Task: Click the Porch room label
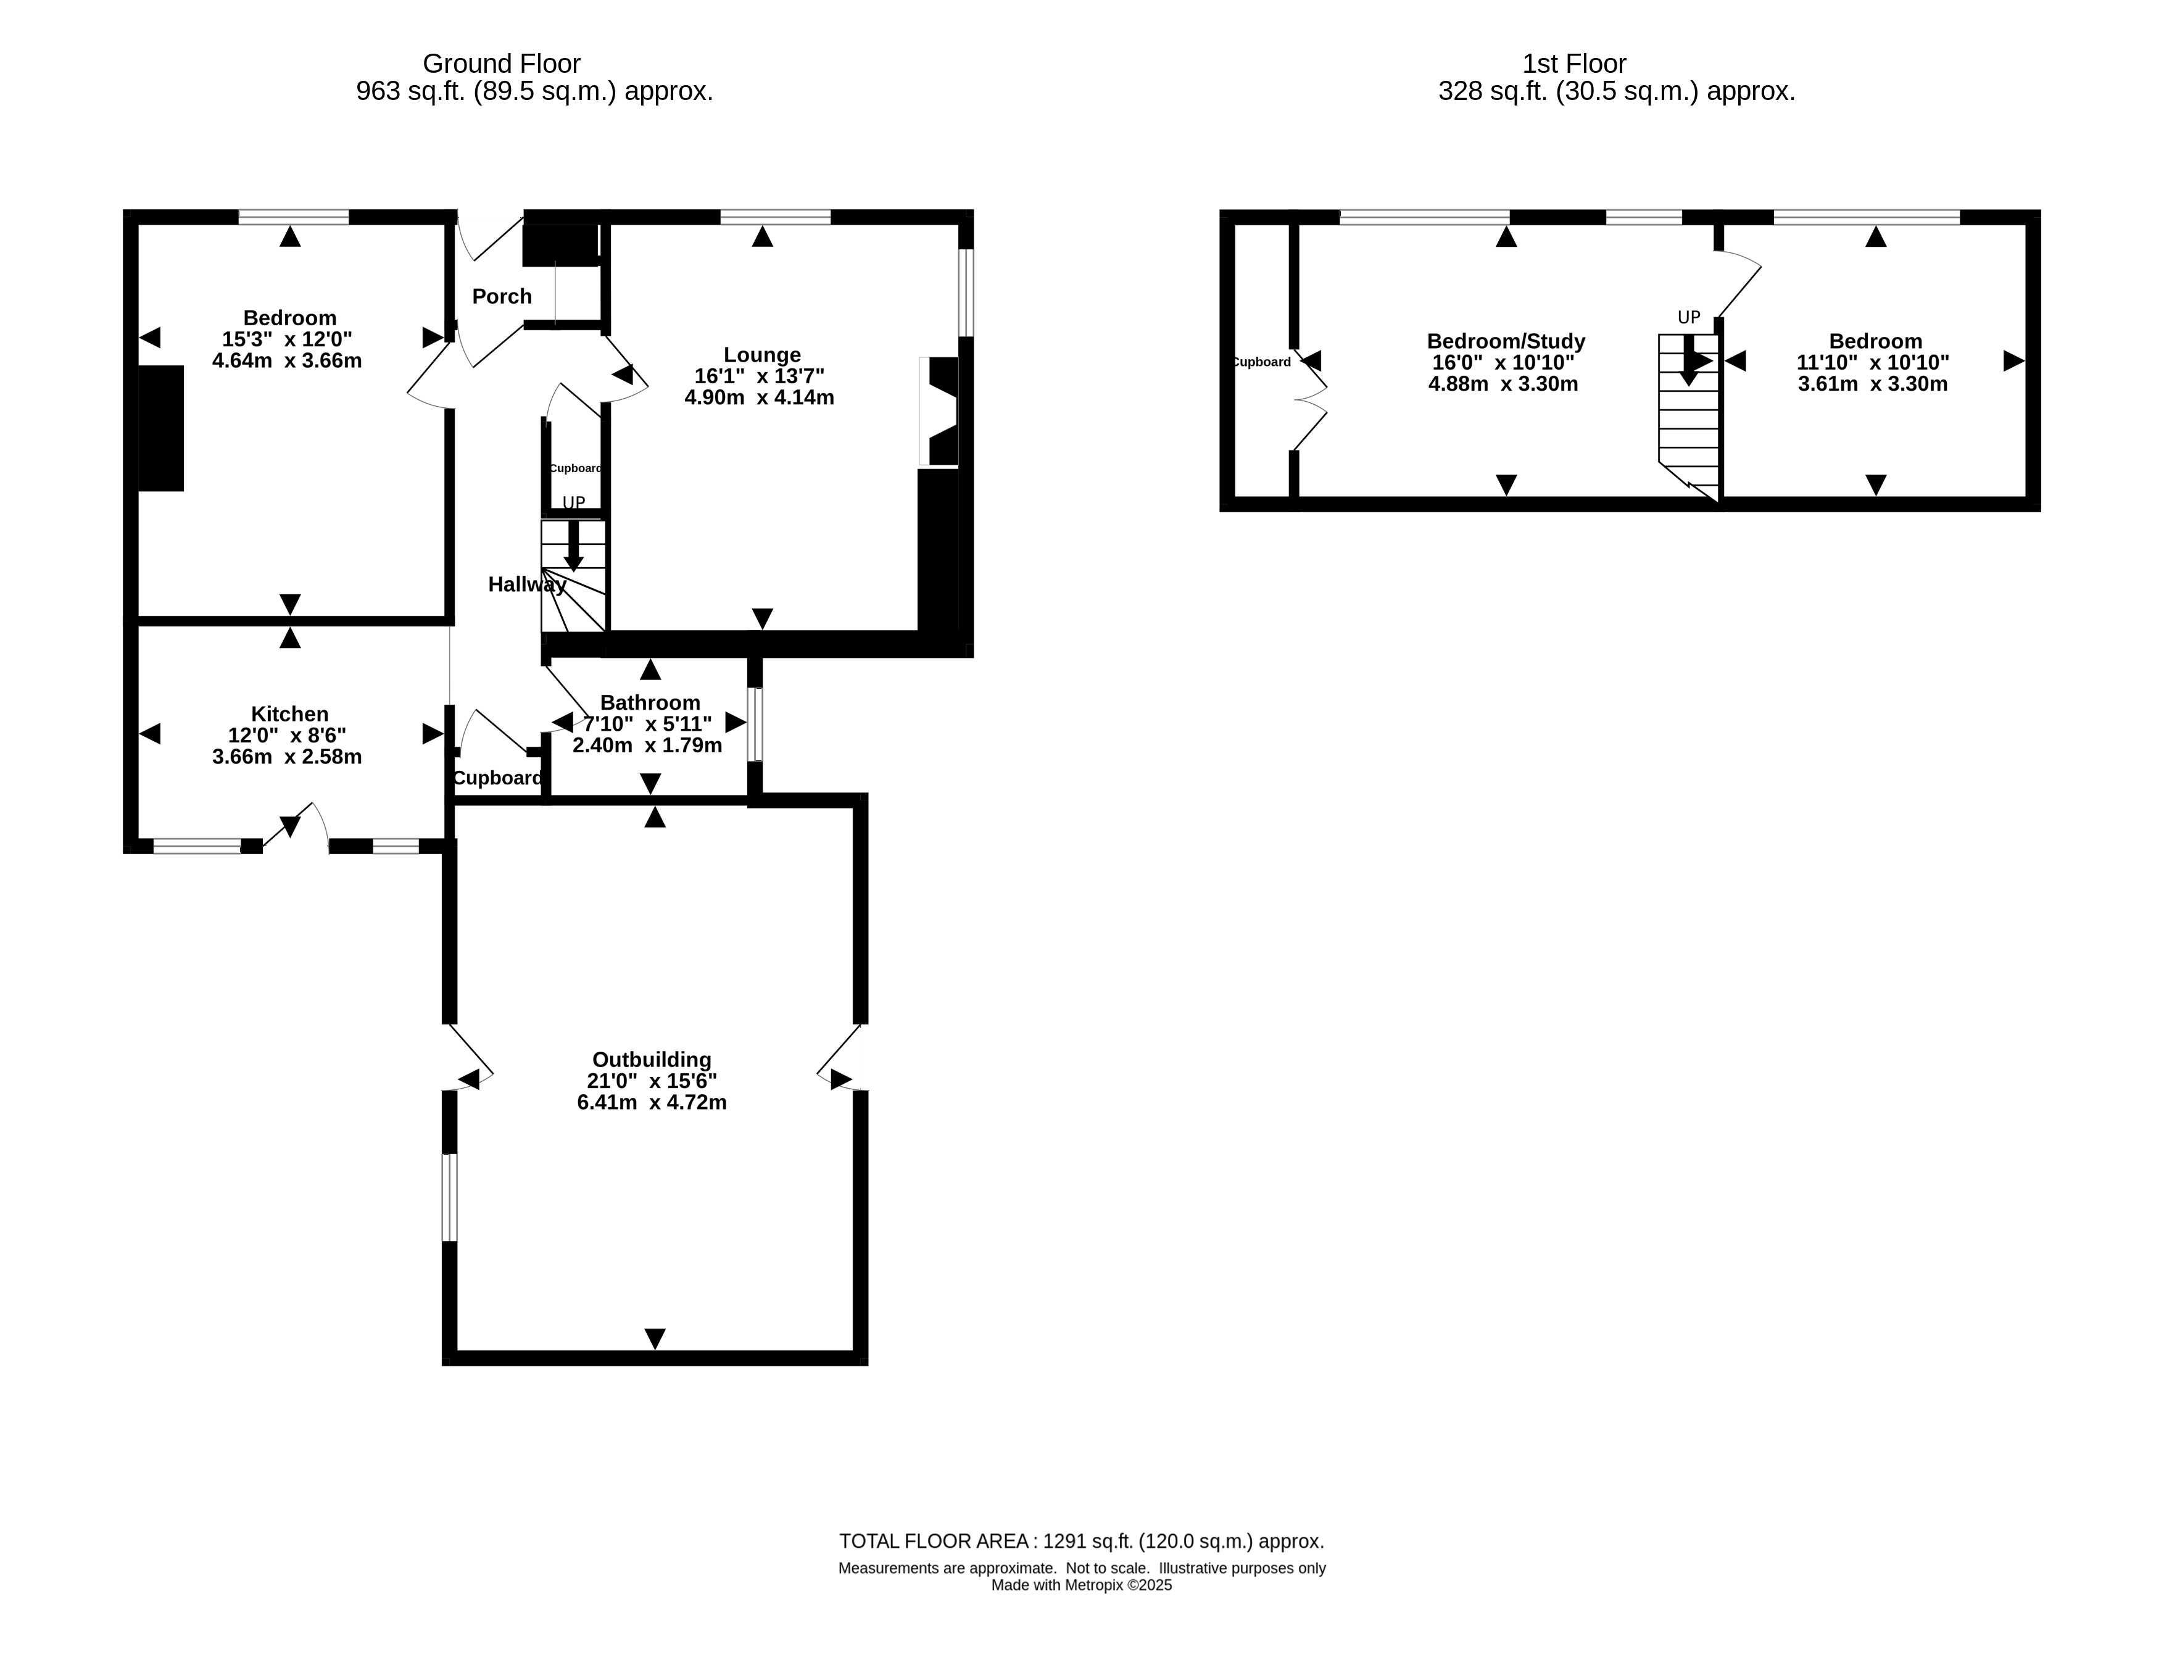[x=502, y=297]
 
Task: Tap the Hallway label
[x=527, y=584]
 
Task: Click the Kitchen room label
[x=290, y=714]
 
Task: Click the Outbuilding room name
[x=652, y=1060]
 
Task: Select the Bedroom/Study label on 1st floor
[x=1506, y=341]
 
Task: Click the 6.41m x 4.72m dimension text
[x=652, y=1102]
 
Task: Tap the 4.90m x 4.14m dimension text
[x=760, y=397]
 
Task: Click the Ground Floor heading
[x=502, y=64]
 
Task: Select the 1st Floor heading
[x=1575, y=64]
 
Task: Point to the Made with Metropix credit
[x=1082, y=1585]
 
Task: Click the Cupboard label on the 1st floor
[x=1262, y=362]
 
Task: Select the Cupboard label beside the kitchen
[x=497, y=779]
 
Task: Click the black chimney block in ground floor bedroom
[x=161, y=428]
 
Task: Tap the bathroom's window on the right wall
[x=755, y=724]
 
